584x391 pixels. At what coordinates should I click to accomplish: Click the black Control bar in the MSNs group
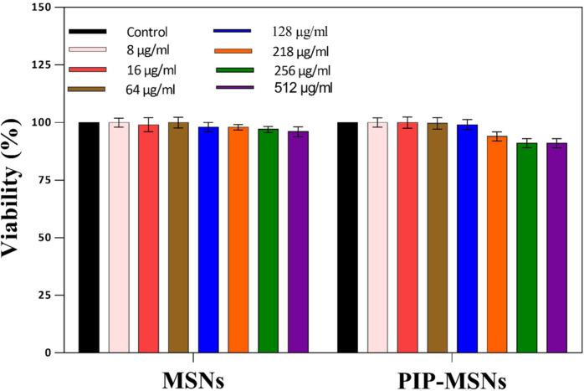(x=89, y=238)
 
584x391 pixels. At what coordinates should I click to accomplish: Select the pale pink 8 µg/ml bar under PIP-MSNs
(x=378, y=238)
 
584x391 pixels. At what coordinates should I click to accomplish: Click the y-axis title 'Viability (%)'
(x=16, y=181)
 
